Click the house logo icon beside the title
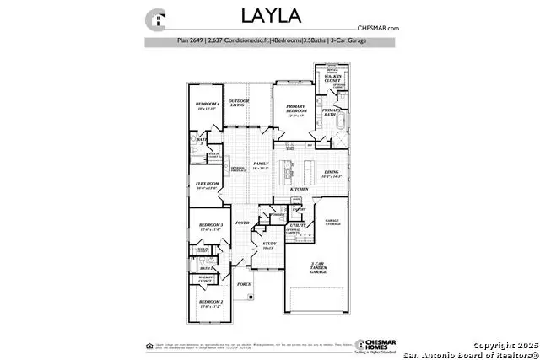pos(155,19)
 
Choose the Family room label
pos(262,165)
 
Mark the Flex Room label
pos(208,185)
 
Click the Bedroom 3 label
pos(210,227)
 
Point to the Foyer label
pos(242,223)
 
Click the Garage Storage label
pos(332,222)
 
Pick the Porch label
pos(244,284)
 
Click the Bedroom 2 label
pos(210,303)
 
